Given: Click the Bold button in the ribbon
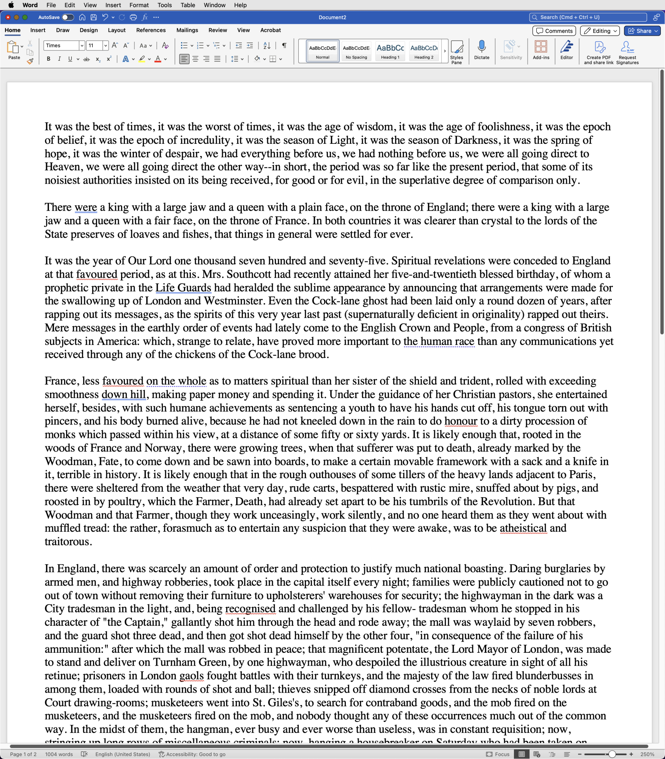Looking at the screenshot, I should click(x=49, y=59).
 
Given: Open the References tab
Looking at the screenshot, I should click(x=151, y=30).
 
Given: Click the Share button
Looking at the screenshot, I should click(x=642, y=31).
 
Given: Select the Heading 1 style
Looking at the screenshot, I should click(x=390, y=51).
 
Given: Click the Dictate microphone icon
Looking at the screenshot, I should click(x=482, y=47).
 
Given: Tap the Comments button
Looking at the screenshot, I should click(x=554, y=31).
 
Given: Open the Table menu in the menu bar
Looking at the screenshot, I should click(x=188, y=5).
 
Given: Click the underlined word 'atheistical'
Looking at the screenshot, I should click(x=523, y=528).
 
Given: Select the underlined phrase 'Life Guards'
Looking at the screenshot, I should click(x=183, y=288).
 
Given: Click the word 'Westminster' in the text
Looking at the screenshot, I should click(x=233, y=301).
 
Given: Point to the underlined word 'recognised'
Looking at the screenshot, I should click(x=250, y=609).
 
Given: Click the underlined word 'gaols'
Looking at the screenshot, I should click(x=191, y=676).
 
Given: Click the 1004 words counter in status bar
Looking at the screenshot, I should click(x=59, y=754).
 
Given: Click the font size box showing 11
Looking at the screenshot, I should click(x=94, y=46).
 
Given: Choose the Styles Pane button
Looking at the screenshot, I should click(x=457, y=52).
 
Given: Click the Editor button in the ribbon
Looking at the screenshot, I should click(x=567, y=50).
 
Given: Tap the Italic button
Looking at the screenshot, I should click(x=59, y=59).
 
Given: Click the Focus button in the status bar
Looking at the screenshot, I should click(x=498, y=754).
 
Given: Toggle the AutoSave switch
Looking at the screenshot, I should click(x=68, y=17).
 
